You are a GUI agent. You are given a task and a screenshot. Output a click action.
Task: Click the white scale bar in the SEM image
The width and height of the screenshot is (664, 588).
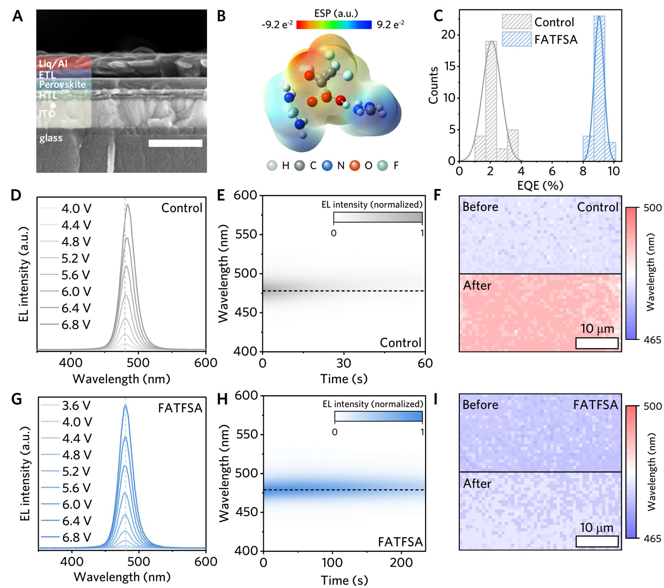tap(175, 143)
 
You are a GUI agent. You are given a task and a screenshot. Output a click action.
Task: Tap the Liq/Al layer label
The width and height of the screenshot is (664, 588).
tap(53, 63)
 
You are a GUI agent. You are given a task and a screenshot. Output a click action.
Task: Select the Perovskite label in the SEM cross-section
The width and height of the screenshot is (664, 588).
tap(62, 85)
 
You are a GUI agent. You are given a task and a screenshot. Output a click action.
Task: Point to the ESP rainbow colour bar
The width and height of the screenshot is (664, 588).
tap(334, 25)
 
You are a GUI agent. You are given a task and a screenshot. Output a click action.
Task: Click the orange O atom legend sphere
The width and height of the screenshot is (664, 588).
tap(355, 166)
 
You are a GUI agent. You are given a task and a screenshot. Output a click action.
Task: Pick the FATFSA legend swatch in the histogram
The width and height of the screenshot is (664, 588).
tap(516, 39)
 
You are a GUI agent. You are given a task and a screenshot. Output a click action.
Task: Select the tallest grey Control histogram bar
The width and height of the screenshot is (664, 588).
tap(491, 101)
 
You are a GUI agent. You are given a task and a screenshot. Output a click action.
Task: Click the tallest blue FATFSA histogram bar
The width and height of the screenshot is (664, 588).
tap(599, 88)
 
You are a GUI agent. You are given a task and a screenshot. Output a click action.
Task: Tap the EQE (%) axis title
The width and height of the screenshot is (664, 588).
tap(540, 185)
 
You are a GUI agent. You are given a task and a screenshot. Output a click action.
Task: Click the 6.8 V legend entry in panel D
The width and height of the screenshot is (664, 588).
tap(76, 325)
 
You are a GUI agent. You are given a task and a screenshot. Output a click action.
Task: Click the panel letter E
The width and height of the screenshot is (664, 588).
tap(221, 196)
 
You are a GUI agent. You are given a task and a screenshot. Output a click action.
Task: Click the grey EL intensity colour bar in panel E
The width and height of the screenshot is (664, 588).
tap(378, 217)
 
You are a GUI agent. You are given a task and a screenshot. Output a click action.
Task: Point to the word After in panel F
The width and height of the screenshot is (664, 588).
tap(477, 286)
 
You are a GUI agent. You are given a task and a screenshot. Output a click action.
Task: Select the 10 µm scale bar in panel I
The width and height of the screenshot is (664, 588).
tap(597, 541)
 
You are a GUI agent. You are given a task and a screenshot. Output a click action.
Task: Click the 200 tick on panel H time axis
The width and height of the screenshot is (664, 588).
tap(401, 562)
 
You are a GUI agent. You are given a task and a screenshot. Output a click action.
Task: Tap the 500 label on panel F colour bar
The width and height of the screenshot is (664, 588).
tap(652, 208)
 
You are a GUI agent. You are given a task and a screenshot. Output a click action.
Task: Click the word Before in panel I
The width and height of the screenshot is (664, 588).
tap(480, 405)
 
